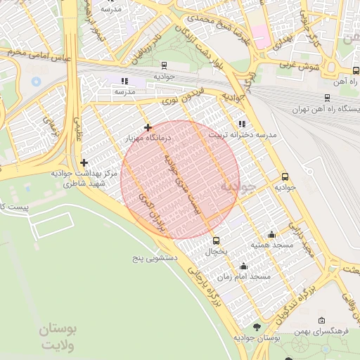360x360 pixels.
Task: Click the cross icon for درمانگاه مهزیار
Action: pos(148,127)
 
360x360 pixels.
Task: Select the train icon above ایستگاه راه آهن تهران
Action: pos(328,98)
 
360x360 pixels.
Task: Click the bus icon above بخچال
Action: pos(216,240)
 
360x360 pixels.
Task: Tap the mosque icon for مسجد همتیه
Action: pos(272,234)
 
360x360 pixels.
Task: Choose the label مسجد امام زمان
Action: pos(243,277)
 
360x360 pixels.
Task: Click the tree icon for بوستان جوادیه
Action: pos(256,328)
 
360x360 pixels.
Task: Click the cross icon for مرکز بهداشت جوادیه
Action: pos(84,162)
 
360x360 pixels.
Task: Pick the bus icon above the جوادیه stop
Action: pos(285,177)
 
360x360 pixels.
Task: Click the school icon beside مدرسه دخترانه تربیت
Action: pos(243,124)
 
